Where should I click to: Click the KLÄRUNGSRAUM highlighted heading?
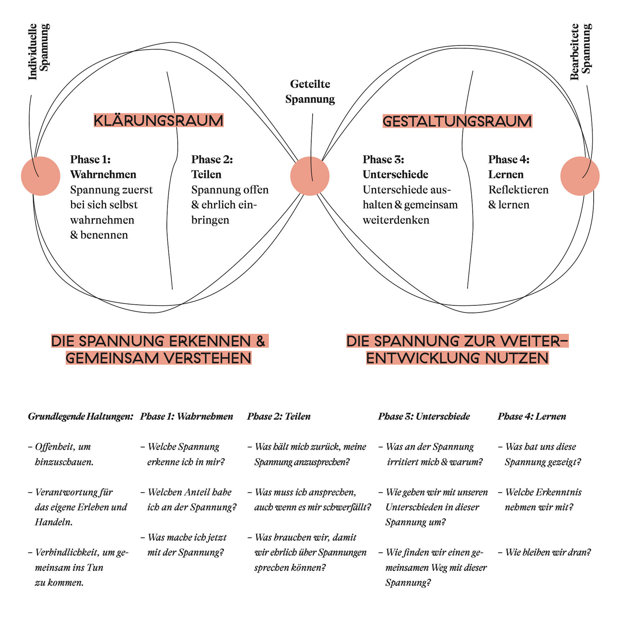[x=158, y=120]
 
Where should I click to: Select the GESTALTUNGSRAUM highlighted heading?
[x=457, y=121]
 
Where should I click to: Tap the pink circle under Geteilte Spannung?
[x=309, y=176]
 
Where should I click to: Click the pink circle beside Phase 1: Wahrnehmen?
[x=41, y=176]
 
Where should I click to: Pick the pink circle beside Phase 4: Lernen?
[x=579, y=176]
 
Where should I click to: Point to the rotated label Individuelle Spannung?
[x=39, y=52]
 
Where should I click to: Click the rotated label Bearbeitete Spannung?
[x=580, y=52]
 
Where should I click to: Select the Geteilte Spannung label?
[x=310, y=91]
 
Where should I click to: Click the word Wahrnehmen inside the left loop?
[x=103, y=175]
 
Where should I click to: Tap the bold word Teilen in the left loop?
[x=206, y=175]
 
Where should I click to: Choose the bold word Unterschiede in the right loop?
[x=395, y=175]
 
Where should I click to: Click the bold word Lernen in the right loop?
[x=506, y=175]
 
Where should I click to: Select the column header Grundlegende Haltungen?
[x=81, y=416]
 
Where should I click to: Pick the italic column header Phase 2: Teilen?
[x=279, y=416]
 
